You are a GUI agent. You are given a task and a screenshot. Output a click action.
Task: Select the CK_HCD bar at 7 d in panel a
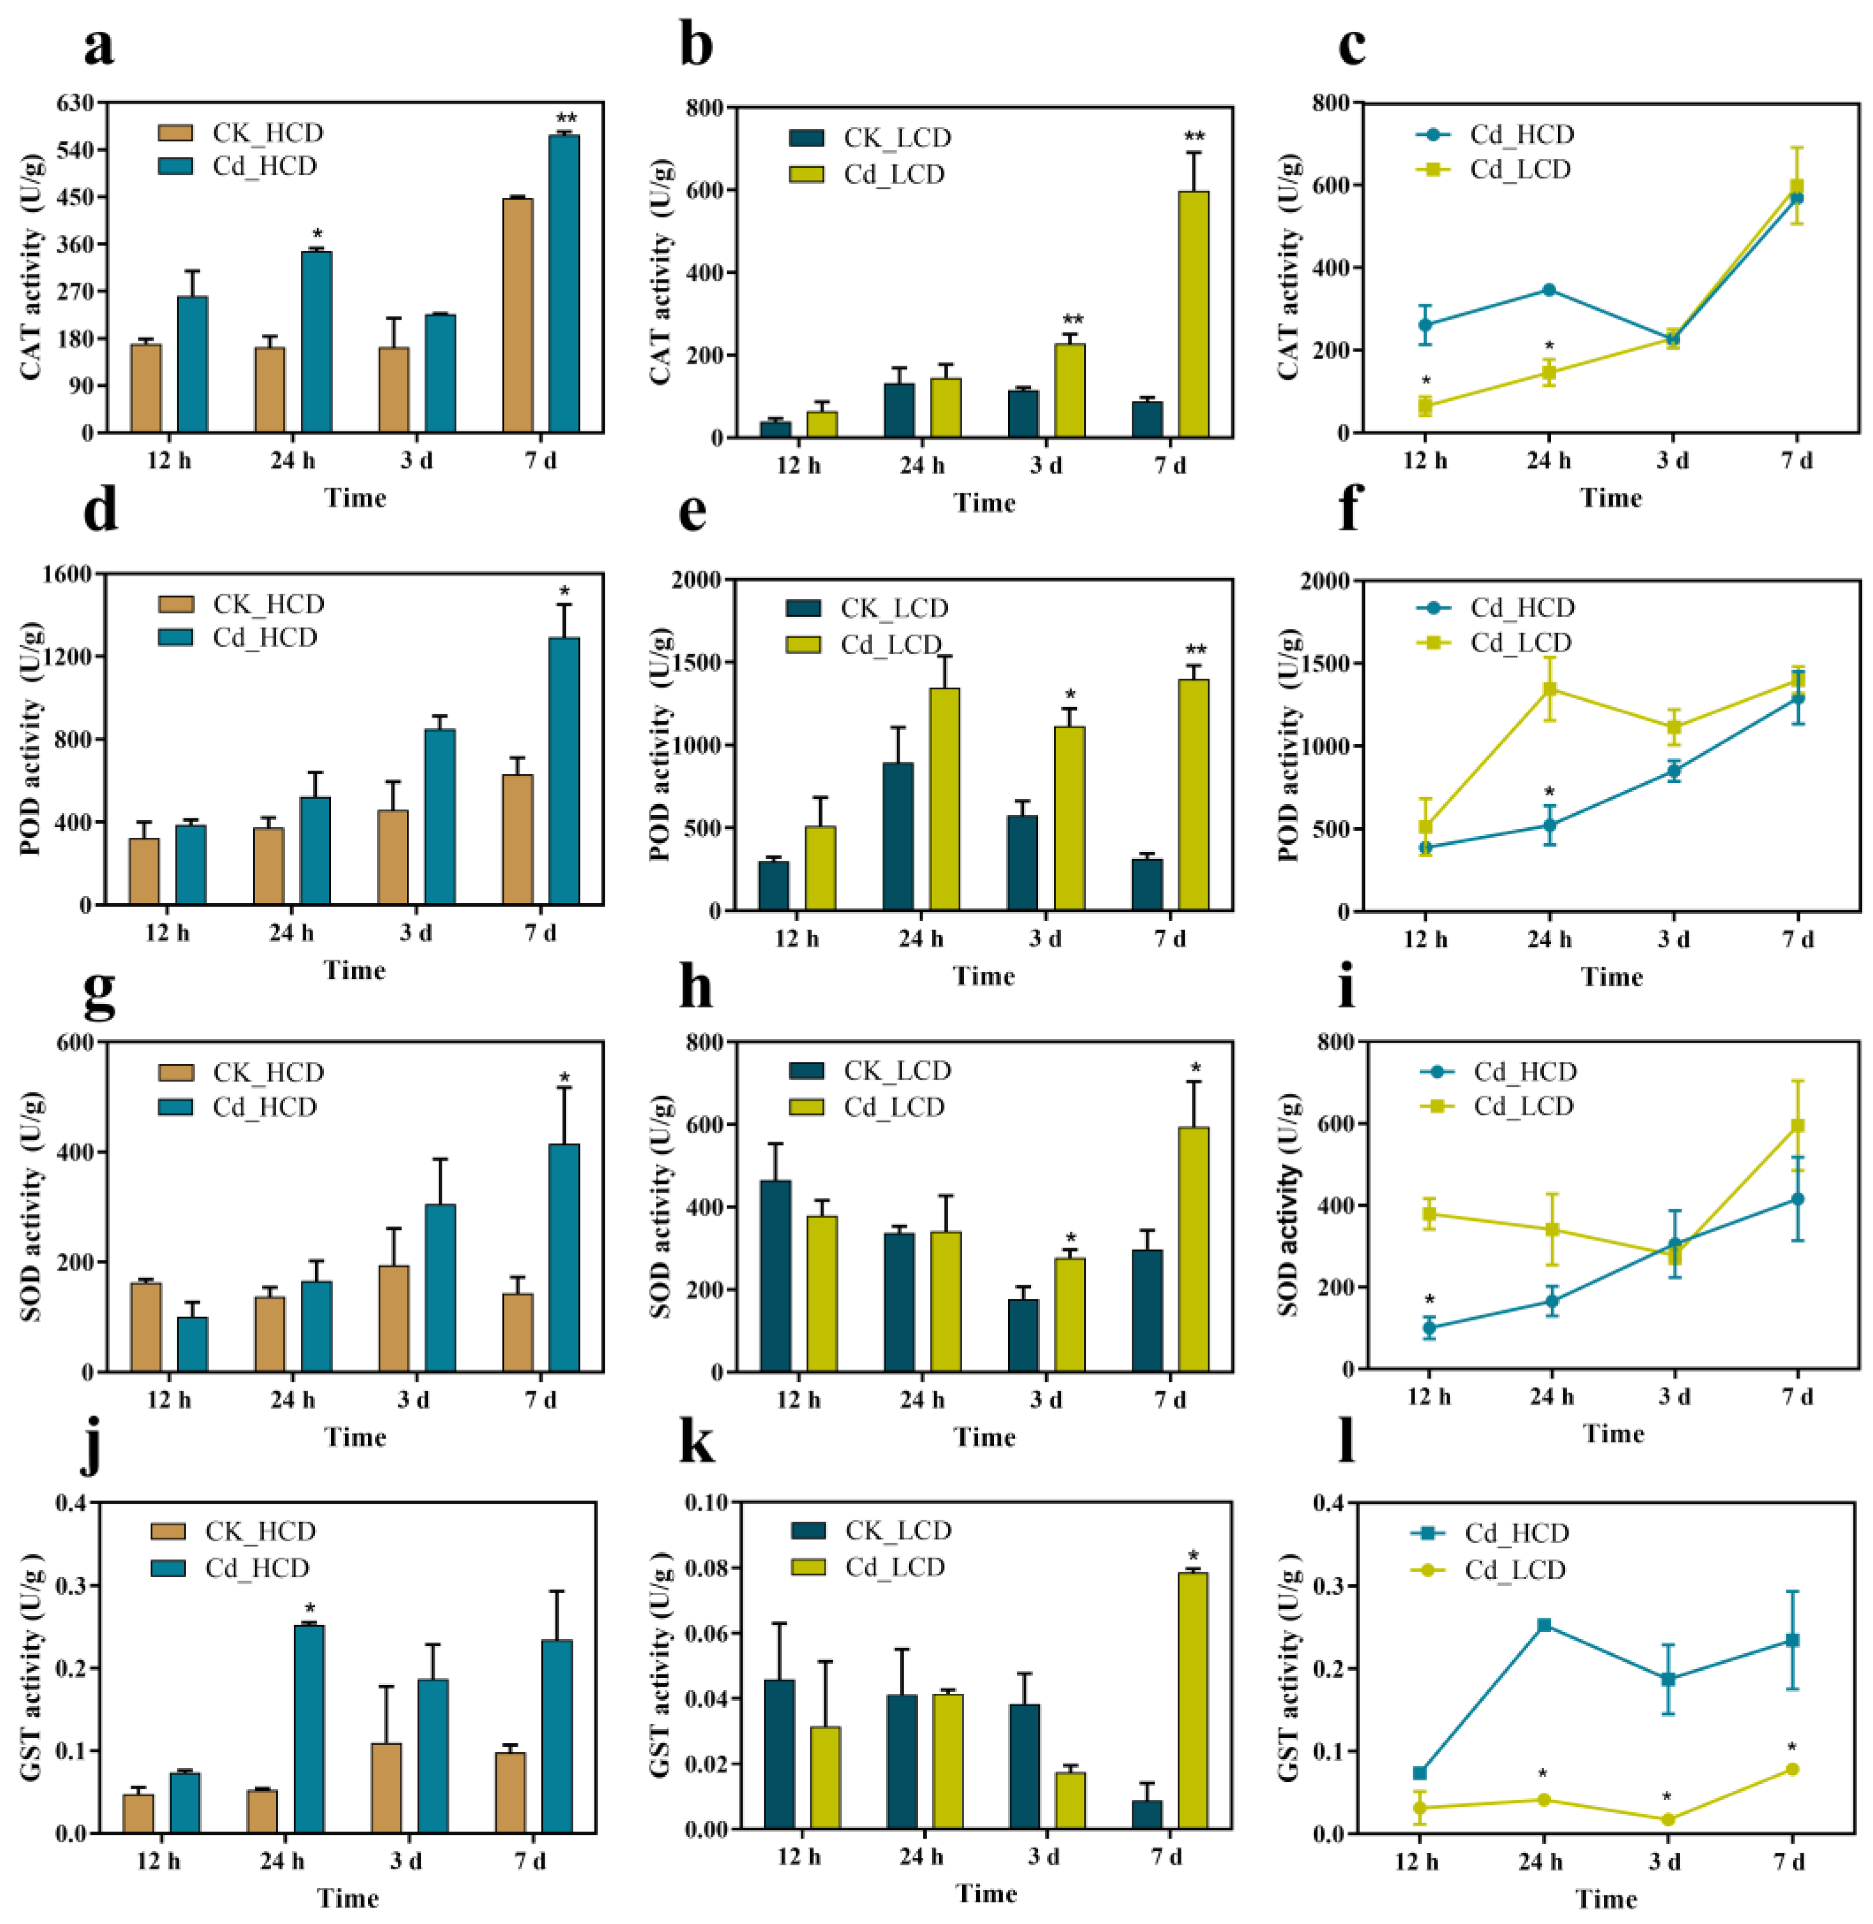[518, 315]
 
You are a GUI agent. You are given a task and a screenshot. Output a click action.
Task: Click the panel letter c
[1352, 47]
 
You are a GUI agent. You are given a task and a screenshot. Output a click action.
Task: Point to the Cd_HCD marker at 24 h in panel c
[1549, 290]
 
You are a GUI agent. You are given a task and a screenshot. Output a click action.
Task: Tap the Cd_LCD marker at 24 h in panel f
[1549, 689]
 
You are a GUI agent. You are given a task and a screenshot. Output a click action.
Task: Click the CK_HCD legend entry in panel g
[241, 1072]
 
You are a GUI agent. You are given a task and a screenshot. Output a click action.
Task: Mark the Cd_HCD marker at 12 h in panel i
[1428, 1328]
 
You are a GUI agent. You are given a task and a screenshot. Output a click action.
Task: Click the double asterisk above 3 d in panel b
[1071, 321]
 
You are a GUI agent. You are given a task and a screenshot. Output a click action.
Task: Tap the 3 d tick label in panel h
[1046, 1399]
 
